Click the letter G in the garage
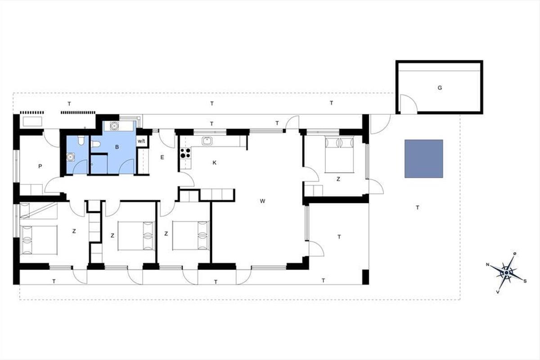440,88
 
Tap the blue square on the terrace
423,159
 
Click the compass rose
506,273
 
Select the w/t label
141,141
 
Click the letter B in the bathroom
117,147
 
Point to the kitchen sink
207,141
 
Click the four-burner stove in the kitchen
185,153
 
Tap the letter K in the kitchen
214,163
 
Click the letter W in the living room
262,201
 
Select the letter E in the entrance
162,157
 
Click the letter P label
40,166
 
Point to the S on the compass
525,281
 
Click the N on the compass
487,265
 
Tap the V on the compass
498,292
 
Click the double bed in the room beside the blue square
339,154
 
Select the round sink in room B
114,126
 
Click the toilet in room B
96,144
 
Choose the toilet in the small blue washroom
81,140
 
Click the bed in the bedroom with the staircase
39,240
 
